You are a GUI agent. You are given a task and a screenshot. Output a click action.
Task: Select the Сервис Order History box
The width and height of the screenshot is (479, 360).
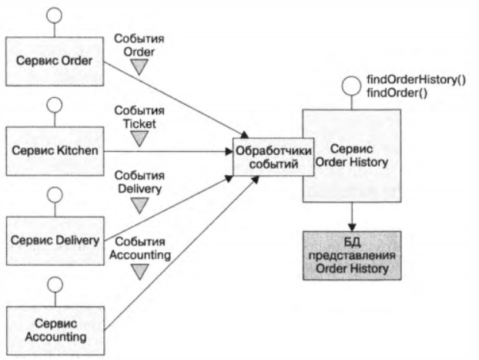click(351, 154)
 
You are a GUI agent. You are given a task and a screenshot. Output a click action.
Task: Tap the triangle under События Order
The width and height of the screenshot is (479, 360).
click(139, 68)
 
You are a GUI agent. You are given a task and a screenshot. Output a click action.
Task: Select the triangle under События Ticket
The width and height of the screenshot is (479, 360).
click(139, 137)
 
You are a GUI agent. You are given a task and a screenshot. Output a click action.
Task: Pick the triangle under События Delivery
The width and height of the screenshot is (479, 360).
click(139, 205)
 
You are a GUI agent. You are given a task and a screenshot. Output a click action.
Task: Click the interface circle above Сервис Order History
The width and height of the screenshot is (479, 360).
click(351, 86)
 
